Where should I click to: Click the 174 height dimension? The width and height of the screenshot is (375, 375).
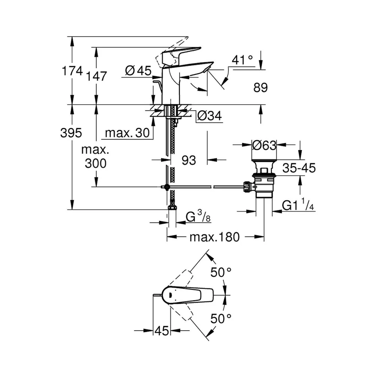(x=72, y=71)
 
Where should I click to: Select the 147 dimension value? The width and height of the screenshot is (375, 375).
(x=96, y=76)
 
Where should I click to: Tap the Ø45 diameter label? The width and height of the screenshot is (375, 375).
(x=138, y=70)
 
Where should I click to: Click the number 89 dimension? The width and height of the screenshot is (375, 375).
(x=261, y=87)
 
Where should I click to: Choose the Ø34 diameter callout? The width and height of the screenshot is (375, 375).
(x=210, y=116)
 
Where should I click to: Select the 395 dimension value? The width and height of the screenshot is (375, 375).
(x=71, y=133)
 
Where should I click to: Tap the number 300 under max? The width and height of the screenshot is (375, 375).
(x=96, y=163)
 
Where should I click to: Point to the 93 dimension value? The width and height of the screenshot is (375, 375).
(x=189, y=160)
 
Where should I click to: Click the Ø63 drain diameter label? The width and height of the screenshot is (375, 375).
(x=264, y=145)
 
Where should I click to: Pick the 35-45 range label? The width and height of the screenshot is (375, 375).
(x=299, y=168)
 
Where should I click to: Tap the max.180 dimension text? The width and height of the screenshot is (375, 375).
(x=214, y=237)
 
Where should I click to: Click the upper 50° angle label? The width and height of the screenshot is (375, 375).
(x=221, y=272)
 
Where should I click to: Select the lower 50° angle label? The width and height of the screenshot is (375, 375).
(x=221, y=318)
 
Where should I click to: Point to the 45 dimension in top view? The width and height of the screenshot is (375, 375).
(x=162, y=331)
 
